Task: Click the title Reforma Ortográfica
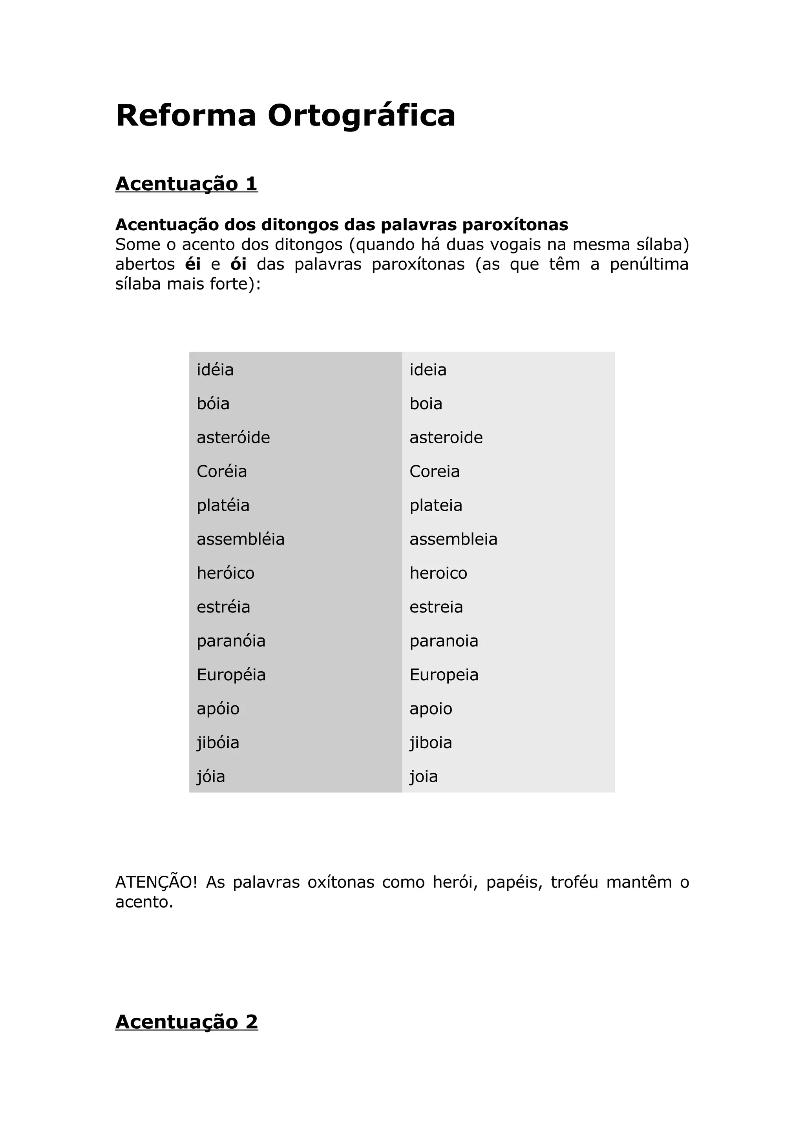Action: [x=285, y=115]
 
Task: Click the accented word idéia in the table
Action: [x=215, y=370]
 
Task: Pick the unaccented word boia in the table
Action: [x=426, y=404]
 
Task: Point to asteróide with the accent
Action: [x=233, y=438]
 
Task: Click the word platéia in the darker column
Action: [x=223, y=506]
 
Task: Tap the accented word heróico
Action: [x=225, y=574]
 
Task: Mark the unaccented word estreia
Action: [x=436, y=607]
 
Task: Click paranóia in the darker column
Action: [x=231, y=641]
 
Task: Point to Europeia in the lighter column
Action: [x=444, y=675]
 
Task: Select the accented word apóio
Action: [x=218, y=709]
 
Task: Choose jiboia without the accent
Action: [x=431, y=743]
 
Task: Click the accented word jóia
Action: [x=210, y=776]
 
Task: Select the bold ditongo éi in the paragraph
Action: [x=193, y=264]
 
